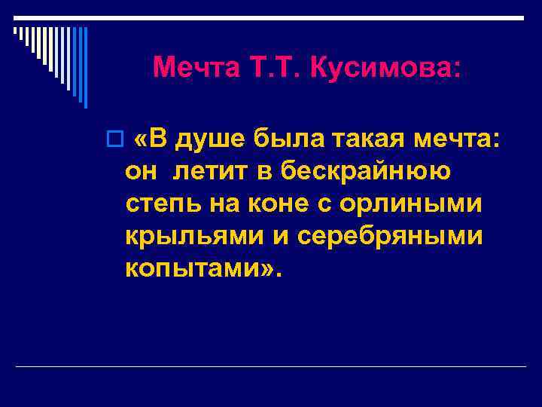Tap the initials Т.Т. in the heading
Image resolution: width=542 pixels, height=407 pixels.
tap(274, 68)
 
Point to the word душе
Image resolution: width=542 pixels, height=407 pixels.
tap(213, 139)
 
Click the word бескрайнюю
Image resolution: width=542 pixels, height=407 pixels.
tap(367, 172)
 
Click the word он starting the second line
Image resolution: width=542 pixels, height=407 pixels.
tap(142, 172)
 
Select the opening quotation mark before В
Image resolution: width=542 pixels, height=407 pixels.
tap(141, 140)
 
